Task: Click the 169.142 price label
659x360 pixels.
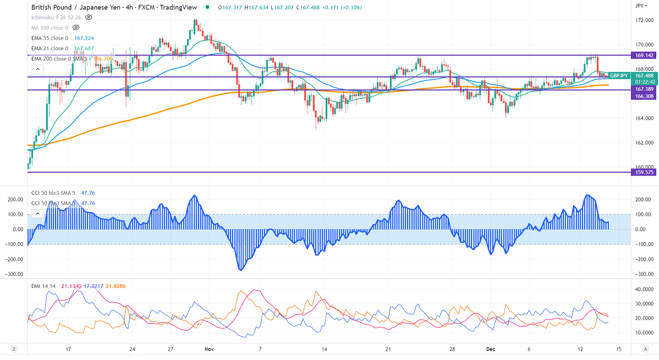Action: click(644, 56)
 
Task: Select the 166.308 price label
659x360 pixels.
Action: click(644, 96)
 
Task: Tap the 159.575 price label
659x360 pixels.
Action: click(644, 172)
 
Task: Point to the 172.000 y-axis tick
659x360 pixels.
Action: click(644, 20)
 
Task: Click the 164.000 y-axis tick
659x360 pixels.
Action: click(644, 118)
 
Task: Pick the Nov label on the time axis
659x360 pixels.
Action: click(208, 349)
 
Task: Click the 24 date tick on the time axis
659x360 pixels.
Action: click(132, 349)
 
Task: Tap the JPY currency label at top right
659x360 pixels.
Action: click(639, 6)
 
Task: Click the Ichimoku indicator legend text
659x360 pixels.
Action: click(57, 17)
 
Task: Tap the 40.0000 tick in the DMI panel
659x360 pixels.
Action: click(644, 289)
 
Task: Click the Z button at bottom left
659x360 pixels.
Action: click(13, 349)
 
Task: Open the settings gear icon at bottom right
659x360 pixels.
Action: click(645, 349)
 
